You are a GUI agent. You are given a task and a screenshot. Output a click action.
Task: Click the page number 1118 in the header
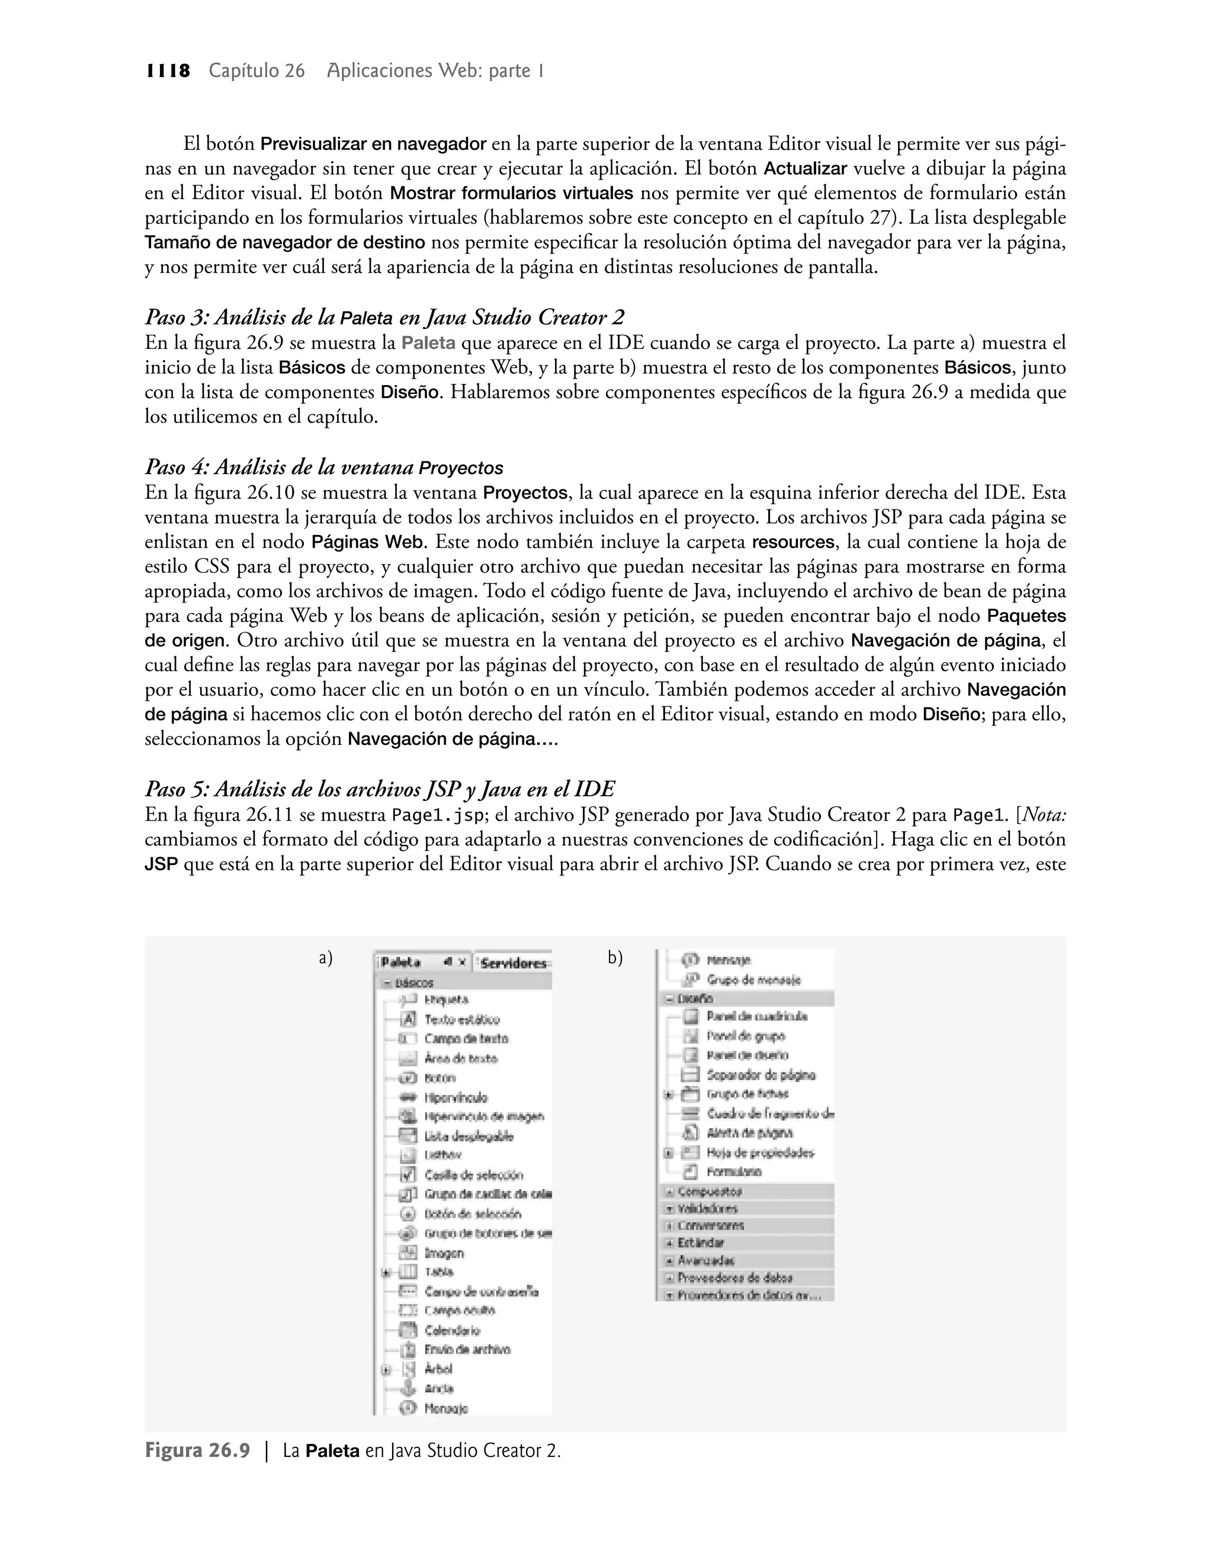click(168, 71)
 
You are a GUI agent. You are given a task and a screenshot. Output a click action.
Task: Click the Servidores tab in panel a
click(513, 963)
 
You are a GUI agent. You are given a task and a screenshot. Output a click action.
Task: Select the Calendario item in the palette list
click(452, 1330)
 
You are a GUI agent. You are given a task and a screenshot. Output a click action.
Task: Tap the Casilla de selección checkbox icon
click(407, 1175)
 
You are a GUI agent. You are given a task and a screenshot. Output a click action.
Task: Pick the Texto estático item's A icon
click(407, 1019)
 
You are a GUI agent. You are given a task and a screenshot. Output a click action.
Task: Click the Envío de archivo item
click(467, 1350)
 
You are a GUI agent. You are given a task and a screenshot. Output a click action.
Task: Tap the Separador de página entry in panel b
click(760, 1075)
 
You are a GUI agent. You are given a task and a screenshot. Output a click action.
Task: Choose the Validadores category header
click(707, 1208)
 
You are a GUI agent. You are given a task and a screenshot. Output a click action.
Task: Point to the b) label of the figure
click(615, 958)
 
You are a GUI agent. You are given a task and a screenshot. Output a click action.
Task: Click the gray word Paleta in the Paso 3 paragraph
click(428, 343)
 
